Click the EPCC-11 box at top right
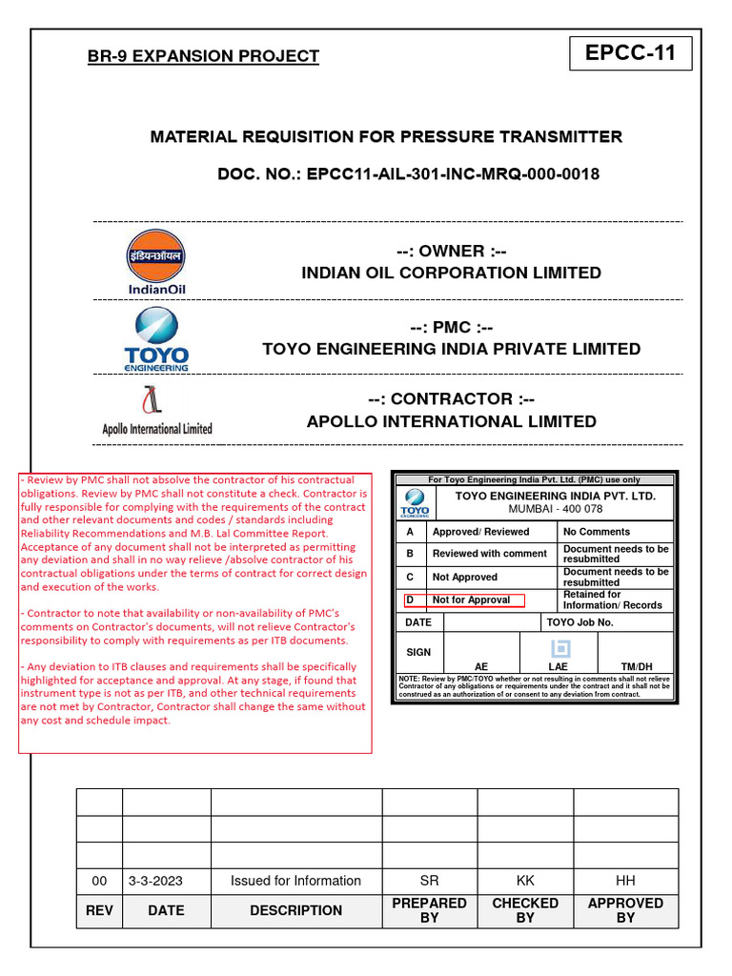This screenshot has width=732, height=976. click(630, 53)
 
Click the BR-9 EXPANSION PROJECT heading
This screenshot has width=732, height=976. click(203, 56)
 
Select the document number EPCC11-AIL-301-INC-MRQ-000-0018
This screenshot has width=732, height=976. click(453, 174)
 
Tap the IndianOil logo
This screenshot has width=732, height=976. click(156, 261)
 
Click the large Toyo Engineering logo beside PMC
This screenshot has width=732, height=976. click(156, 338)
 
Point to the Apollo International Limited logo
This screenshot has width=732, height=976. click(157, 410)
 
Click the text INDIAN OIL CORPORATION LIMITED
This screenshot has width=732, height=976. click(452, 274)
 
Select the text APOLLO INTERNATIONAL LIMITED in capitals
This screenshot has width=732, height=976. click(452, 421)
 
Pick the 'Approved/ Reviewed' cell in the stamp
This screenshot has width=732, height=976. click(480, 532)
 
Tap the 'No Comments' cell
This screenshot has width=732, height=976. click(597, 532)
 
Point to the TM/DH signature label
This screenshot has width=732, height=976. click(637, 666)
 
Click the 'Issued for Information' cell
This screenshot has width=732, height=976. click(295, 881)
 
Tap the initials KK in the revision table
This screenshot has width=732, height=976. click(525, 881)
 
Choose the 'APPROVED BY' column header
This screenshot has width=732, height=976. click(625, 910)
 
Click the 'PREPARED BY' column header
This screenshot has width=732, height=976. click(430, 910)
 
